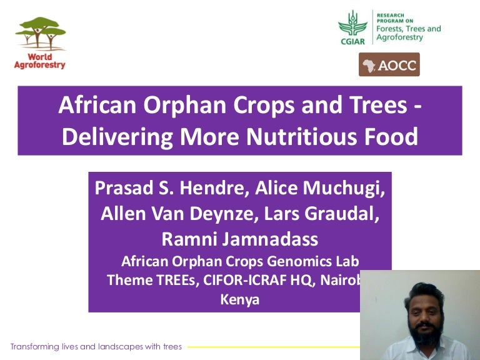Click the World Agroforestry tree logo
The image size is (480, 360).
coord(40,34)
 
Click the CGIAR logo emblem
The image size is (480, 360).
coord(352,27)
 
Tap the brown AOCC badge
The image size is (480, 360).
coord(389,65)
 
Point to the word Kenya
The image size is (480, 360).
coord(239,299)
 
